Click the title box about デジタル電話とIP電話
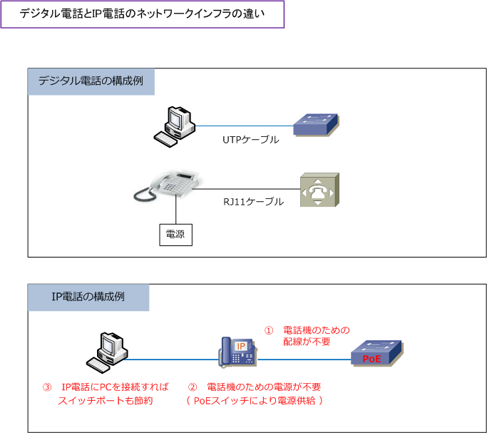pyautogui.click(x=143, y=14)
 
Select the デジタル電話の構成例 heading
pyautogui.click(x=91, y=81)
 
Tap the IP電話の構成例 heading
pyautogui.click(x=88, y=297)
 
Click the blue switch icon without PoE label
pyautogui.click(x=317, y=125)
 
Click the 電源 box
pyautogui.click(x=175, y=234)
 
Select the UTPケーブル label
pyautogui.click(x=250, y=140)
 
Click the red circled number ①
pyautogui.click(x=269, y=330)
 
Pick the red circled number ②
pyautogui.click(x=192, y=387)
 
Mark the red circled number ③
pyautogui.click(x=47, y=387)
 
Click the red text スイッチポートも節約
pyautogui.click(x=106, y=400)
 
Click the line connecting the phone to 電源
pyautogui.click(x=175, y=210)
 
